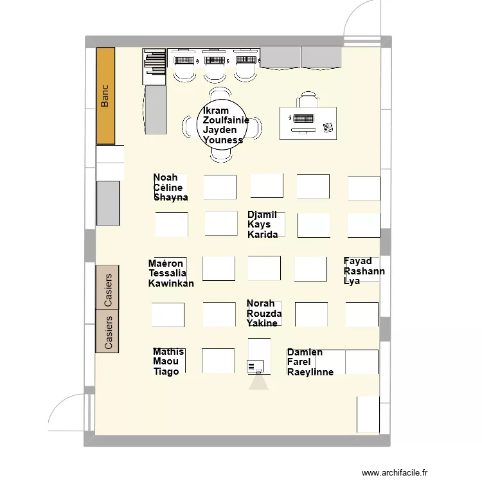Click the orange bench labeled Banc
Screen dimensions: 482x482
click(105, 96)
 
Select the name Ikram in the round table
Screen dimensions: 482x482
click(215, 111)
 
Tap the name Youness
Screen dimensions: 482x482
click(222, 140)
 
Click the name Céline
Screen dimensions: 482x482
click(168, 188)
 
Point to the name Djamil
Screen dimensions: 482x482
click(262, 215)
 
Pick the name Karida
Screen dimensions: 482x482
click(262, 235)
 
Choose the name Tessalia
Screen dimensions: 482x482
click(167, 273)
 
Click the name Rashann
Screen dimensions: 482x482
click(364, 271)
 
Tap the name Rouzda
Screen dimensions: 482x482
click(263, 314)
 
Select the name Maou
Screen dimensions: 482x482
click(166, 361)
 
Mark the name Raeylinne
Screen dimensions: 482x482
click(310, 371)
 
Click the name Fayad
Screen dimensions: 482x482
click(357, 262)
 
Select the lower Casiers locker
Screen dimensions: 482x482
click(107, 331)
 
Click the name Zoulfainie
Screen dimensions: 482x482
click(226, 120)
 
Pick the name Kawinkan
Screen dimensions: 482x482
click(171, 283)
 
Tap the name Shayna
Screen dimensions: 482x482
click(170, 197)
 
